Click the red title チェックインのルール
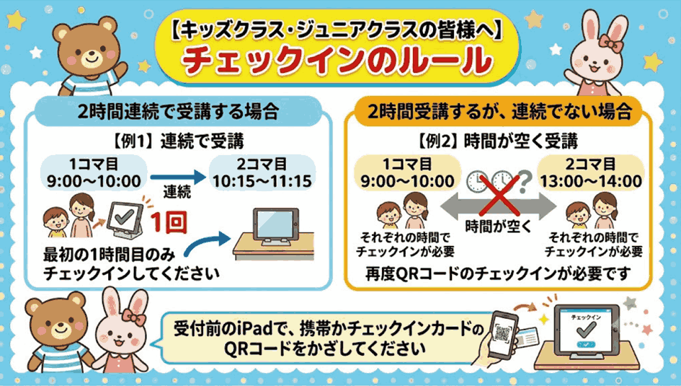click(x=337, y=61)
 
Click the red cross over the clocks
click(x=499, y=196)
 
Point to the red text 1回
click(x=169, y=222)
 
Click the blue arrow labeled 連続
click(x=178, y=177)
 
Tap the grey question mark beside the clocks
click(x=525, y=181)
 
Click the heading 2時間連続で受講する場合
click(x=178, y=112)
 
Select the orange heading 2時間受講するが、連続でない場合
click(x=499, y=112)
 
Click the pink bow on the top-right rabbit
click(x=610, y=43)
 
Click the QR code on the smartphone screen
click(x=502, y=333)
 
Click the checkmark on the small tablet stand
click(x=125, y=216)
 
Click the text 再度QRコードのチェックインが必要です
click(x=498, y=274)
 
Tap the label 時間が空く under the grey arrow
click(x=499, y=226)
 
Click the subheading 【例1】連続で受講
click(x=179, y=141)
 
